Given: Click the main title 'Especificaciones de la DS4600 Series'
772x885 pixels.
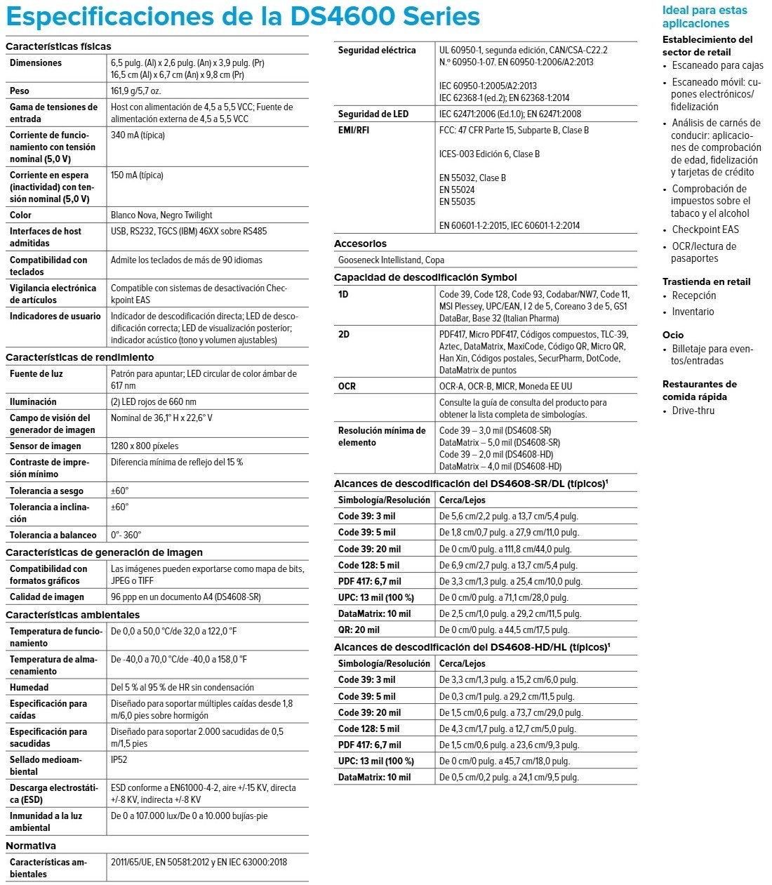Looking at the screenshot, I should coord(243,16).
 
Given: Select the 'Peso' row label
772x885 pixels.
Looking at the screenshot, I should coord(20,91).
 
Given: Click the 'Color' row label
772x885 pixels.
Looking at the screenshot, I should coord(21,215).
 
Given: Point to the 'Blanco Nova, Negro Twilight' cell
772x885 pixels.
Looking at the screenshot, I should coord(161,215).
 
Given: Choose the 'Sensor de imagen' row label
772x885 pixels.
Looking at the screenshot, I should coord(45,446).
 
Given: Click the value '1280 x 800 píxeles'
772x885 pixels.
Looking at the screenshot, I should coord(145,446).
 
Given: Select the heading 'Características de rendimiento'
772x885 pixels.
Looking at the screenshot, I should coord(80,358).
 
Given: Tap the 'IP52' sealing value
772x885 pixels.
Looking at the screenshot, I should coord(119,760).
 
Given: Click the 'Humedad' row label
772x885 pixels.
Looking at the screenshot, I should coord(29,688).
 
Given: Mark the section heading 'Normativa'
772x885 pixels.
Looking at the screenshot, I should coord(31,846).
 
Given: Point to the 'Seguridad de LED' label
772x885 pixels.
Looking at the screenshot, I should coord(373,114).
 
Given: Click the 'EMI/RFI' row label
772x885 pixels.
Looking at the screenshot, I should coord(354,131).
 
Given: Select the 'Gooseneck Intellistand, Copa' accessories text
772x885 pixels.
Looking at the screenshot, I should coord(391,260).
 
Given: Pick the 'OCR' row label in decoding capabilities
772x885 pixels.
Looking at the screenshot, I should coord(347,387).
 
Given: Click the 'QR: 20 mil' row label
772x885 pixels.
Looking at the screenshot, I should coord(359,630).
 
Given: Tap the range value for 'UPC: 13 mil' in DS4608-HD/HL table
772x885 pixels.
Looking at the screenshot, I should coord(505,761).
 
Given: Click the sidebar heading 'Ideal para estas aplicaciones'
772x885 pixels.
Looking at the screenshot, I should coord(705,17).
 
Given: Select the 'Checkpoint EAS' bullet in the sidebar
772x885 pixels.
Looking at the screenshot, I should coord(705,230).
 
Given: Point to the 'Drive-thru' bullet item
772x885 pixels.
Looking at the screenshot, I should coord(693,411).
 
